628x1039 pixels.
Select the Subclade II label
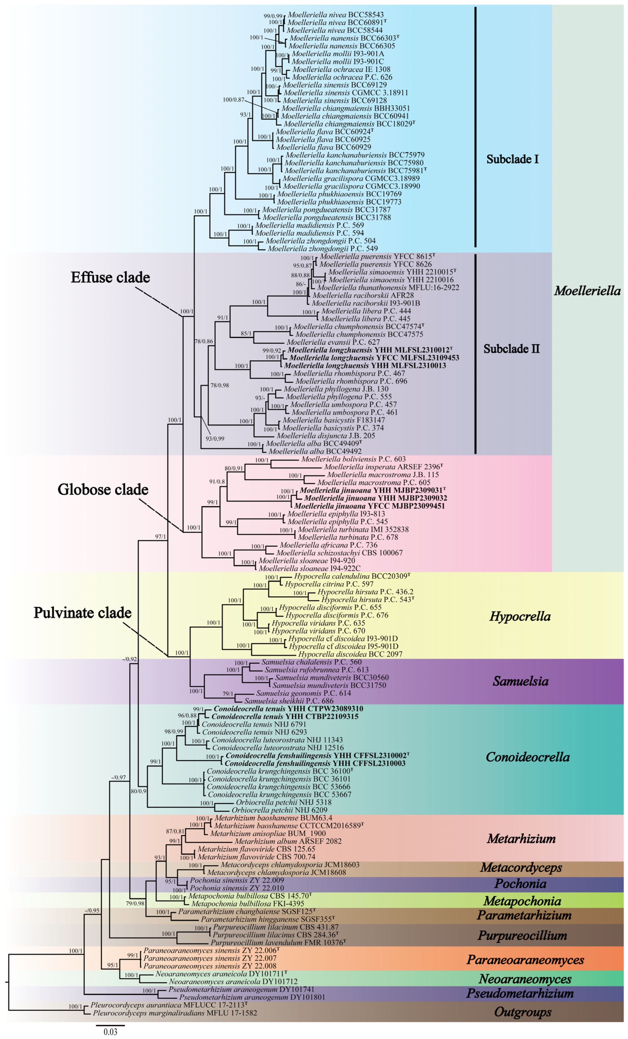(511, 349)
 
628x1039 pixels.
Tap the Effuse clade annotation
(110, 277)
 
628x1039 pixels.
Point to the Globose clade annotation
(103, 490)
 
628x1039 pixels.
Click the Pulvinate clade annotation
(83, 613)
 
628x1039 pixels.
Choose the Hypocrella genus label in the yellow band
(520, 617)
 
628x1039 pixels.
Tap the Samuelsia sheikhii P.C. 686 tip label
(289, 701)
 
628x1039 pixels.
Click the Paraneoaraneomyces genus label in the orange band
(525, 960)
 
